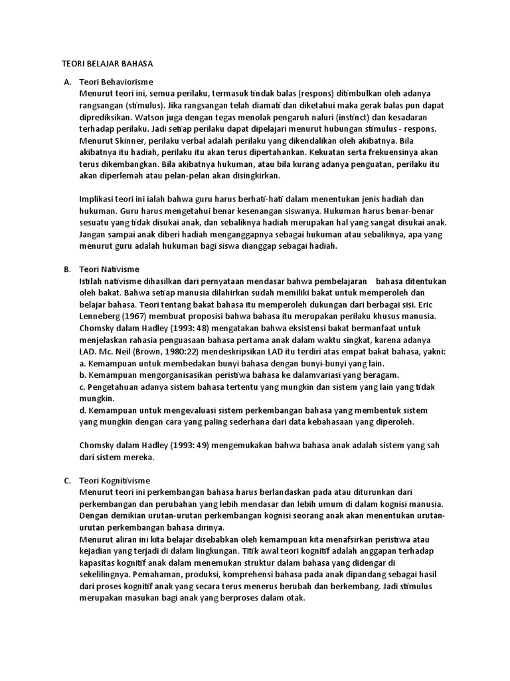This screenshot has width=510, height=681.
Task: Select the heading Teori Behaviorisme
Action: tap(116, 81)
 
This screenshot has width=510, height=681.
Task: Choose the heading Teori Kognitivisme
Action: tap(115, 480)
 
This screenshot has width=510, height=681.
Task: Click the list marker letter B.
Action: tap(67, 269)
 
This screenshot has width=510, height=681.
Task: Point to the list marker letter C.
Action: tap(67, 480)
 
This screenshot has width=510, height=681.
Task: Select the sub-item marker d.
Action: tap(82, 410)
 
